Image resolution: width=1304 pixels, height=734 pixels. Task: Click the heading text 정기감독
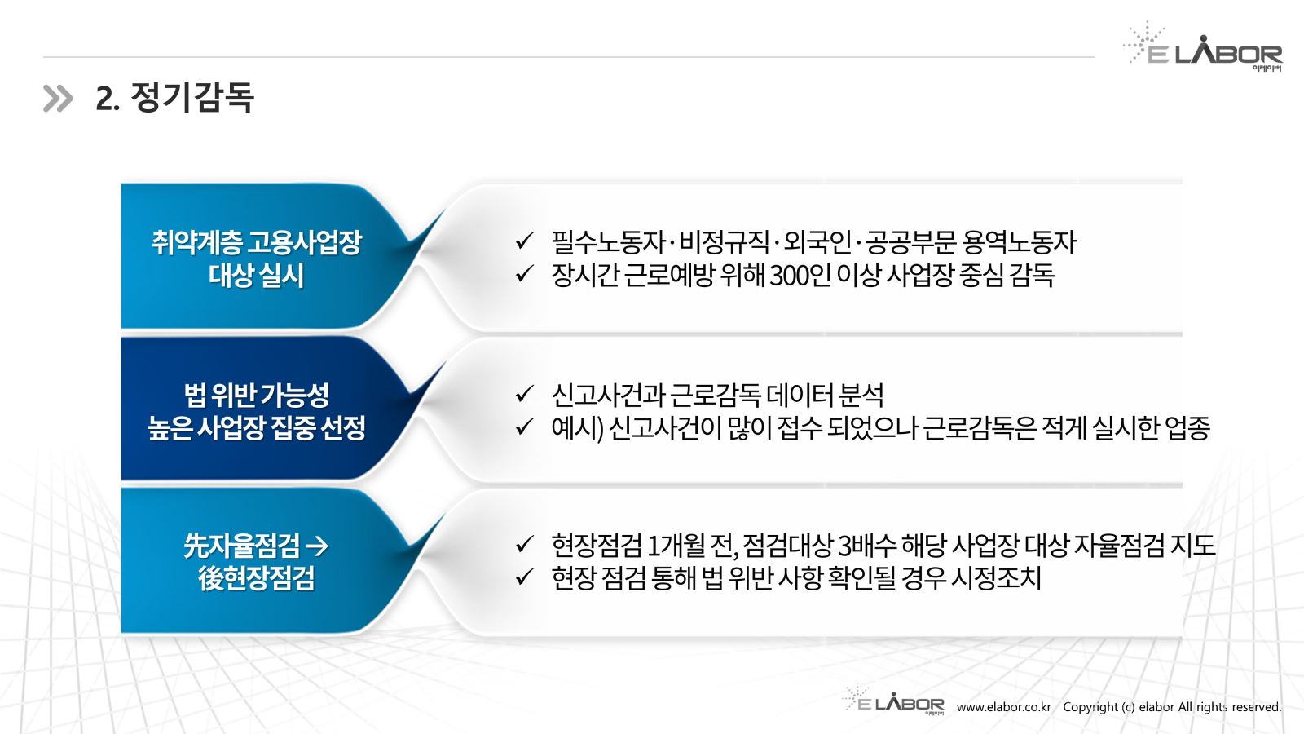click(192, 97)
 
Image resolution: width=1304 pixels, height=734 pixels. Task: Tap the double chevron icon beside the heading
click(58, 98)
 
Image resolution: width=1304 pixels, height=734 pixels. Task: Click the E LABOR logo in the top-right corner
click(1203, 46)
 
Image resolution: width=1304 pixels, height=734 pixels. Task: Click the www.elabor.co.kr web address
click(1004, 707)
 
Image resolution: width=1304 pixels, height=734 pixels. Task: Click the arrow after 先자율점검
click(317, 546)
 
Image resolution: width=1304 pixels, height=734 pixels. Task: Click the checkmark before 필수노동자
click(525, 241)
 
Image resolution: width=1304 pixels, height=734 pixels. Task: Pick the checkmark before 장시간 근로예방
click(525, 273)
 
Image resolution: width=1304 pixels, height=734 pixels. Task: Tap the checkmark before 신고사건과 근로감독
click(525, 394)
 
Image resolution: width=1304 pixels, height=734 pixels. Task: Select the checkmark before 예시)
click(525, 427)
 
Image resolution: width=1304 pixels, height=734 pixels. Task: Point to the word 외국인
click(817, 242)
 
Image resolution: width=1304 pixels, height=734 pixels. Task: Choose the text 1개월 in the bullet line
click(676, 546)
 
